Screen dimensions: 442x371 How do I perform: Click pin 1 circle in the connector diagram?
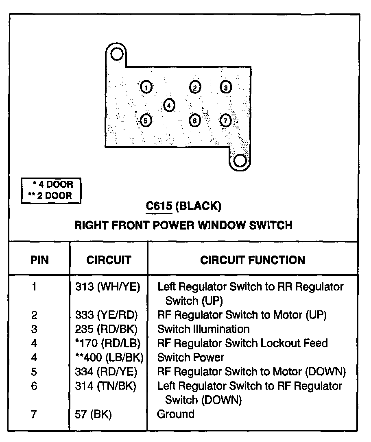click(146, 87)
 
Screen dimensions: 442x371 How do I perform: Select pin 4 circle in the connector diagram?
click(169, 105)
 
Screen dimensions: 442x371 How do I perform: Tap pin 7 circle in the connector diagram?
click(226, 120)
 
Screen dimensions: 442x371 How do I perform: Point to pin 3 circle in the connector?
click(226, 87)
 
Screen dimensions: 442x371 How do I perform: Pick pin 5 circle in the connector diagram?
click(146, 120)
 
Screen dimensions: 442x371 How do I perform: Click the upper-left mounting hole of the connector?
click(117, 54)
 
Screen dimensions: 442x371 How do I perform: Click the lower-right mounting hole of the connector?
click(240, 161)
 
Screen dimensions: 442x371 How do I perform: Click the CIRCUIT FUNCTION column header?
click(252, 260)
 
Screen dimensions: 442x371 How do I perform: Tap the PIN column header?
click(39, 260)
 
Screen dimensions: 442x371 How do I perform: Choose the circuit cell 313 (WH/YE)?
click(107, 287)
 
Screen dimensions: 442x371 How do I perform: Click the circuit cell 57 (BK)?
click(93, 414)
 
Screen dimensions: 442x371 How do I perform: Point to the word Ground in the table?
click(176, 414)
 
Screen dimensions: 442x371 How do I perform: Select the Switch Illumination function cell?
click(203, 329)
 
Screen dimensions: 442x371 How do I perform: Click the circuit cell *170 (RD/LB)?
click(108, 343)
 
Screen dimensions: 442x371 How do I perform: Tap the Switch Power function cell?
click(190, 357)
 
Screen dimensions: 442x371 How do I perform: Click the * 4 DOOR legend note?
click(53, 184)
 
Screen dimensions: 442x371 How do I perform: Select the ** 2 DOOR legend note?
click(50, 196)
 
